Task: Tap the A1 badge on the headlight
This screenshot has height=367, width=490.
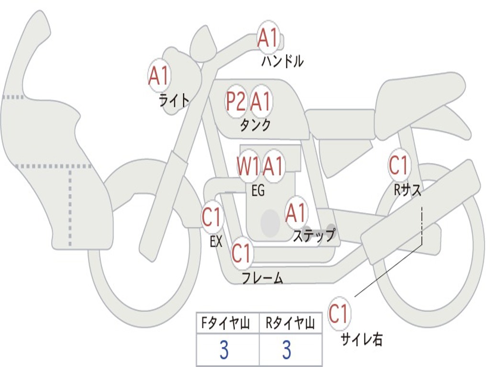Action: pyautogui.click(x=159, y=76)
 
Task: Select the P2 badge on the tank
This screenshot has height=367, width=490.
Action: pyautogui.click(x=236, y=101)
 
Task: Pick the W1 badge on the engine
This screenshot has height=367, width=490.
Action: pyautogui.click(x=248, y=166)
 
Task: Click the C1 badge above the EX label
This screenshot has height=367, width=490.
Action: pyautogui.click(x=212, y=218)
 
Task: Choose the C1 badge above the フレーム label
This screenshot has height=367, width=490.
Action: pyautogui.click(x=242, y=253)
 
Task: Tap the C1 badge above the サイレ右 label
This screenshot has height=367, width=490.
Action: pyautogui.click(x=338, y=314)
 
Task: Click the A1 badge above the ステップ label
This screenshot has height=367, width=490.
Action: pyautogui.click(x=296, y=213)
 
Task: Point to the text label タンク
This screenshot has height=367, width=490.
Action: pyautogui.click(x=255, y=125)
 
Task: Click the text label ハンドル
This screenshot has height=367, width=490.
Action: pyautogui.click(x=282, y=61)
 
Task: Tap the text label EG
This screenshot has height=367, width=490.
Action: pyautogui.click(x=258, y=191)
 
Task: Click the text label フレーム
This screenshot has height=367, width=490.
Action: pyautogui.click(x=262, y=278)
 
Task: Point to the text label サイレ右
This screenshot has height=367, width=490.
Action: pyautogui.click(x=361, y=339)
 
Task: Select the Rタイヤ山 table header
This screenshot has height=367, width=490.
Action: pyautogui.click(x=290, y=324)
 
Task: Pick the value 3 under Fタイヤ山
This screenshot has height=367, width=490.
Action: pyautogui.click(x=224, y=350)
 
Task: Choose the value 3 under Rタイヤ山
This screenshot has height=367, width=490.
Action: pyautogui.click(x=287, y=350)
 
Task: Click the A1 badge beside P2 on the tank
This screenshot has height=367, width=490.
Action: pyautogui.click(x=261, y=101)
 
